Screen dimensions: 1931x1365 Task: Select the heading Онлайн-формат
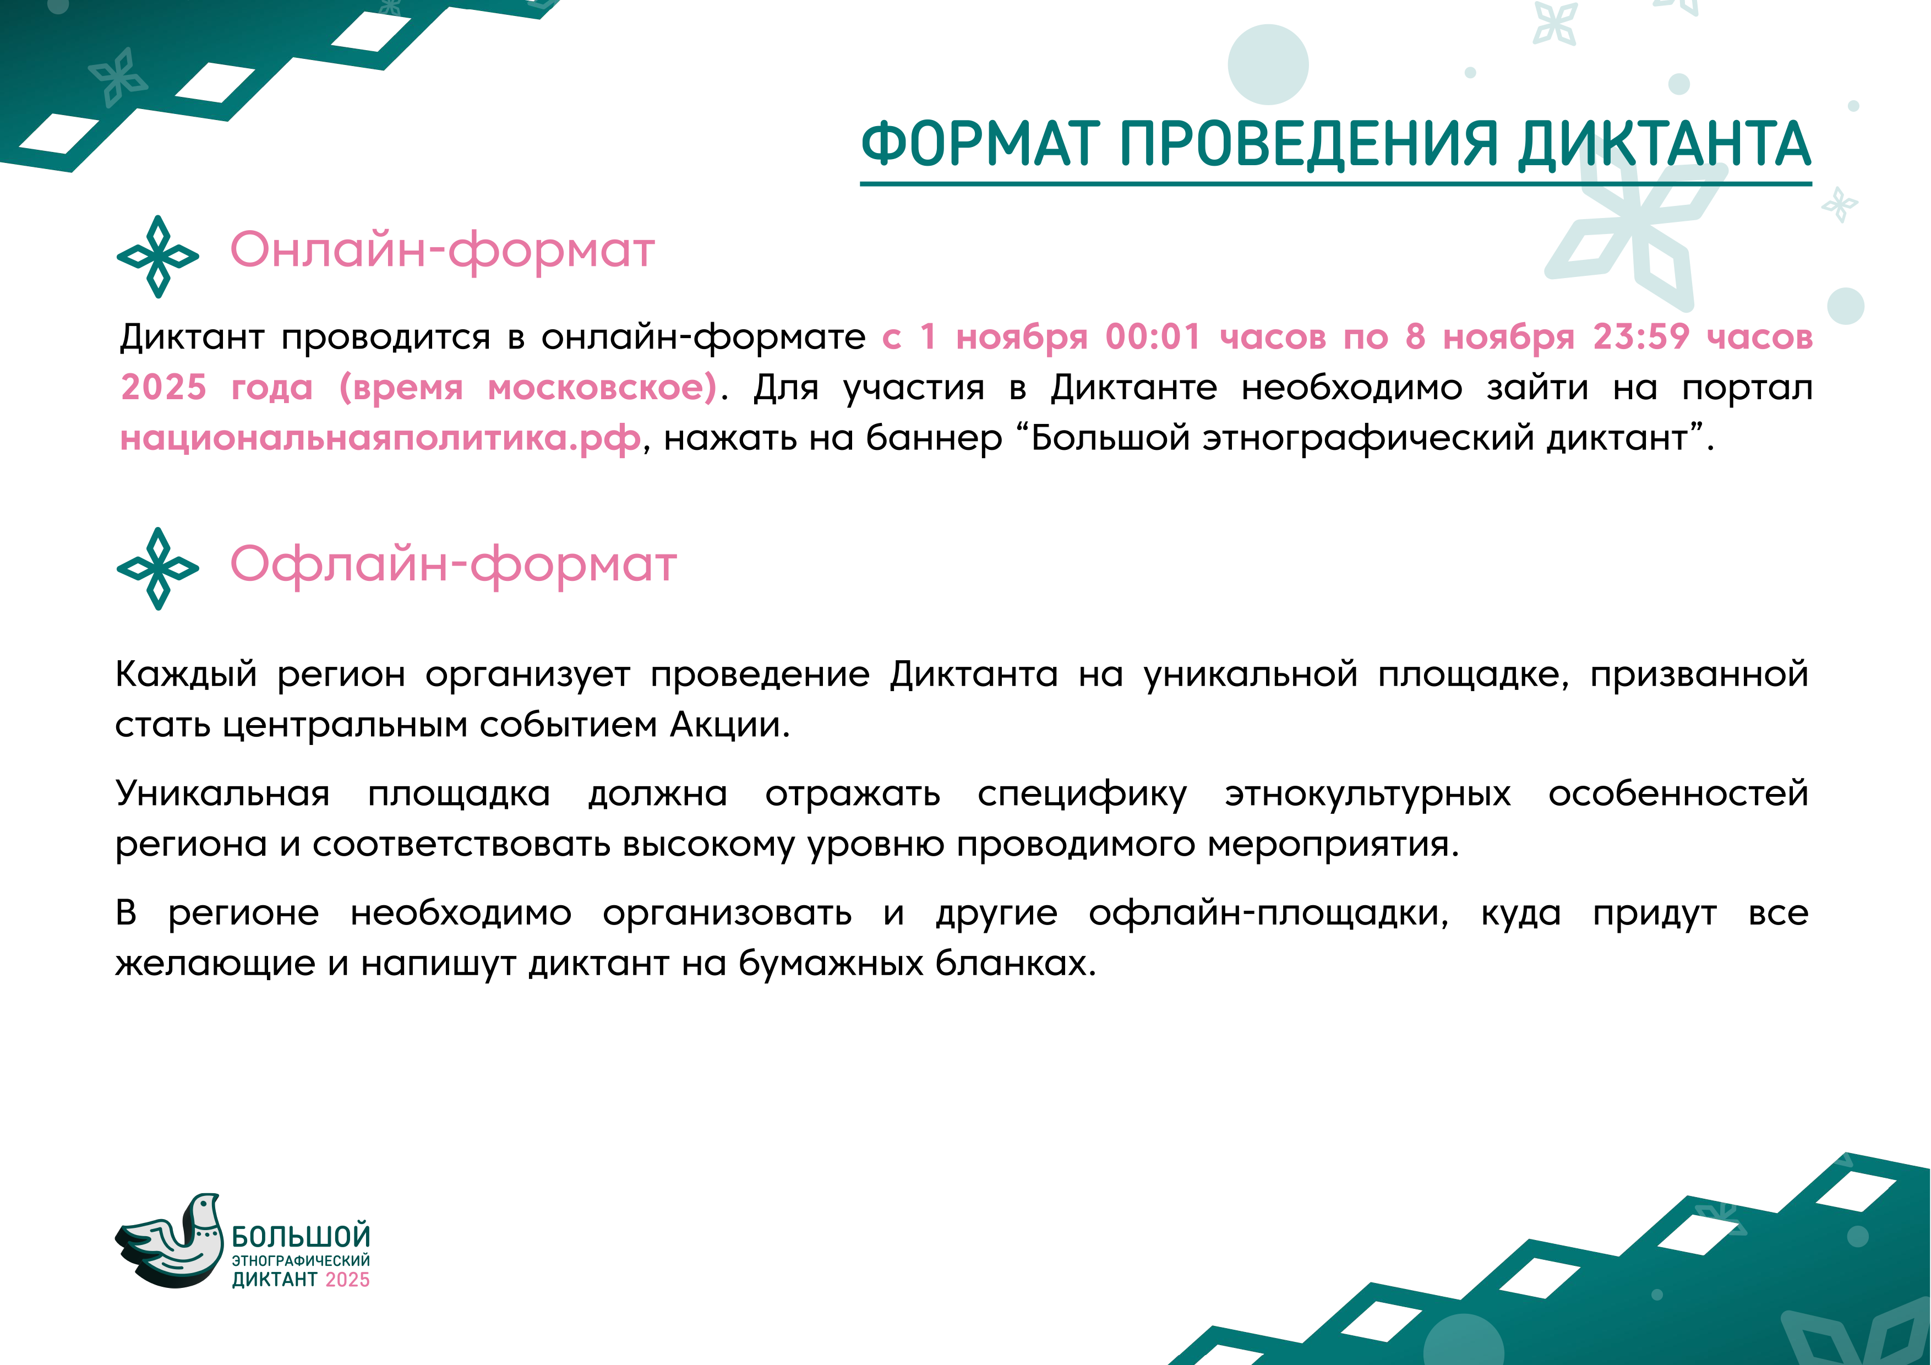pos(443,250)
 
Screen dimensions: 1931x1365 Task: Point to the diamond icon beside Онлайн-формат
pos(158,257)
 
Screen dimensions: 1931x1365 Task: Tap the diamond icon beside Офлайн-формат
pos(158,569)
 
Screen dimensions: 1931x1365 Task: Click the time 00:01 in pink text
pos(1153,336)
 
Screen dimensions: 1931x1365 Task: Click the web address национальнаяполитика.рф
pos(380,439)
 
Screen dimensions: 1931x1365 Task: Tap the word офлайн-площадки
pos(1268,914)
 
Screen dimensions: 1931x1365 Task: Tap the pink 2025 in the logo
pos(347,1279)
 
